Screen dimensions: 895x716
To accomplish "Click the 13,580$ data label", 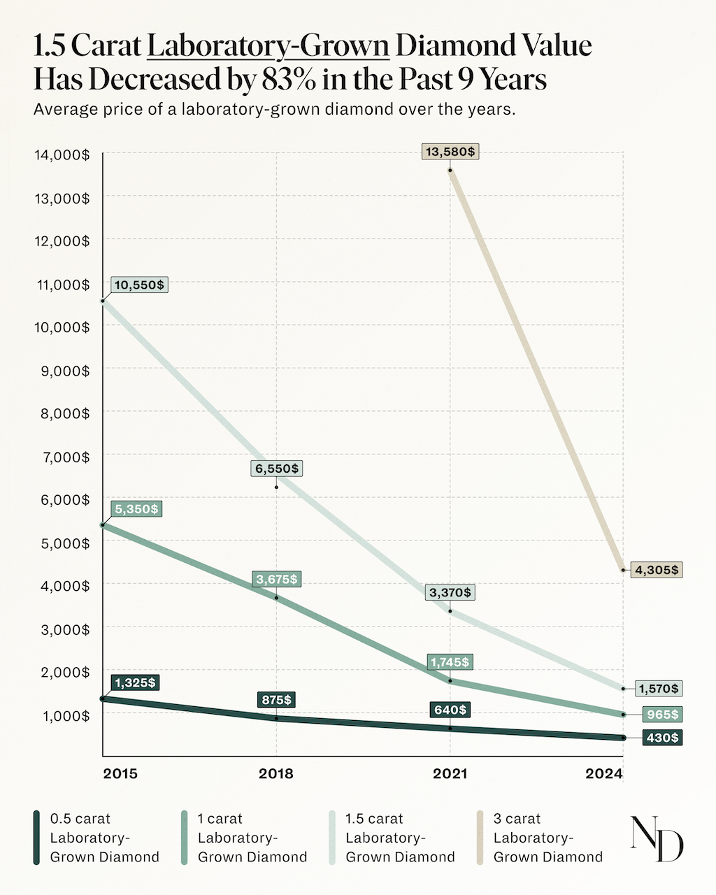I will click(x=450, y=152).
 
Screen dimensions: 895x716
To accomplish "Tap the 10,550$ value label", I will click(x=139, y=285).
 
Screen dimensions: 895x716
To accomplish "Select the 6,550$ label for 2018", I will click(x=276, y=468).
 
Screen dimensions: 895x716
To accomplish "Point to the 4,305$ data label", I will click(x=656, y=570).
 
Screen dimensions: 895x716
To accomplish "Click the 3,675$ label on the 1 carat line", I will click(x=276, y=579).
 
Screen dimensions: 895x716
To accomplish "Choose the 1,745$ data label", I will click(x=450, y=661).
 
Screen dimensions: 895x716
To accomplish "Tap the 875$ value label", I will click(x=275, y=699).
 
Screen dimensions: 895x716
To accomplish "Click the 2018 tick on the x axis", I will click(x=276, y=773).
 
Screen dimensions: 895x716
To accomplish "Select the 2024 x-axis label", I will click(x=604, y=773).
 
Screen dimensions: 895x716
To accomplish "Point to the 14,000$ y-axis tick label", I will click(x=62, y=155).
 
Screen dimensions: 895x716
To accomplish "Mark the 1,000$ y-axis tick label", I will click(x=62, y=716).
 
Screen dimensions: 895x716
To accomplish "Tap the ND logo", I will click(x=657, y=838).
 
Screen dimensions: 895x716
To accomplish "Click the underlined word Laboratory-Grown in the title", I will click(x=268, y=46).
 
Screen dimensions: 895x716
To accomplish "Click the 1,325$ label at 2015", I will click(x=135, y=682).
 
